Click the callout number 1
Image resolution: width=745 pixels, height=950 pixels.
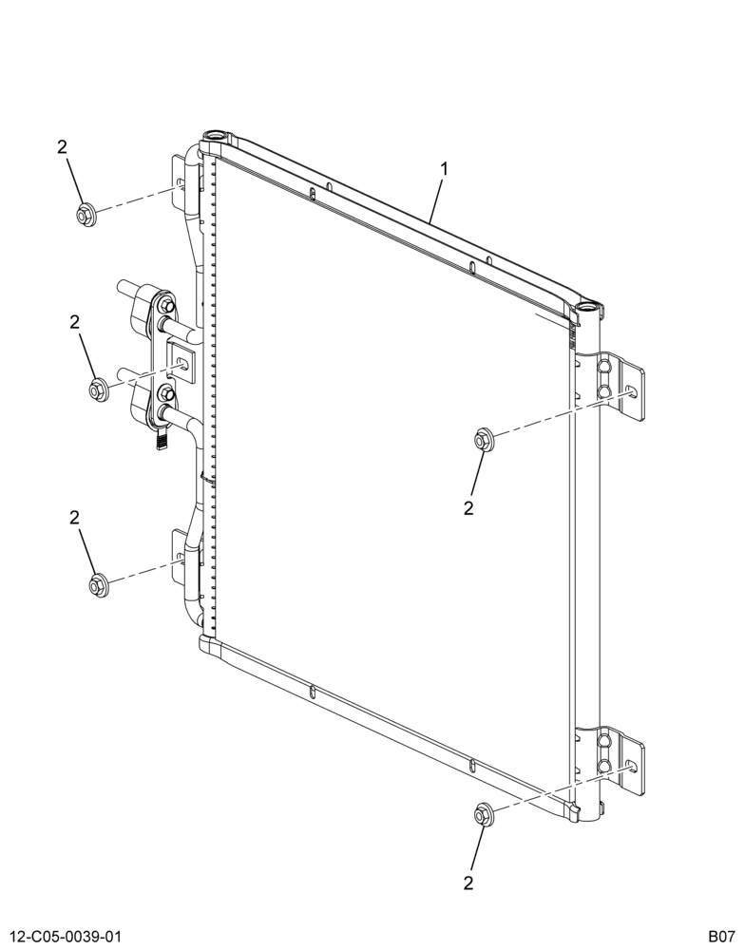[x=445, y=169]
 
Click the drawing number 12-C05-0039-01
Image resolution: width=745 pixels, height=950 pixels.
[x=60, y=936]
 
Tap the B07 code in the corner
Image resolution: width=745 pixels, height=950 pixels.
[x=721, y=936]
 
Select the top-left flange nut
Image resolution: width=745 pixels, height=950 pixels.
[x=85, y=215]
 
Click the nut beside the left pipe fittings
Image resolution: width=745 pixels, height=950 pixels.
[x=98, y=389]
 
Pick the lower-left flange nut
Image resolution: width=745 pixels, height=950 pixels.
[x=98, y=584]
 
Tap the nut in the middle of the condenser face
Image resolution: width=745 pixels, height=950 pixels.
[x=483, y=439]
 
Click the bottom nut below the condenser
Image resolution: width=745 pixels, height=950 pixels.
[x=483, y=813]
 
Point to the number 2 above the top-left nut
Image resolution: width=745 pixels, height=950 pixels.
[x=63, y=147]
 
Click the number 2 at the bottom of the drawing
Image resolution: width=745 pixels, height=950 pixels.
[x=468, y=883]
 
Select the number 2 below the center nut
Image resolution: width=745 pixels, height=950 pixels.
[x=468, y=507]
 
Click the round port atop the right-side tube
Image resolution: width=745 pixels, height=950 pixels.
[x=589, y=307]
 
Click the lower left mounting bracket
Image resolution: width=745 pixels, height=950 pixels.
[x=180, y=556]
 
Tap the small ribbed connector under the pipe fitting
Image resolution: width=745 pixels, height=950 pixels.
[x=162, y=440]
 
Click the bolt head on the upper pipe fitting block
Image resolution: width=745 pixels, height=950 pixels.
[x=166, y=306]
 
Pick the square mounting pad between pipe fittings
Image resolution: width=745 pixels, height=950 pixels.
[x=181, y=362]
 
